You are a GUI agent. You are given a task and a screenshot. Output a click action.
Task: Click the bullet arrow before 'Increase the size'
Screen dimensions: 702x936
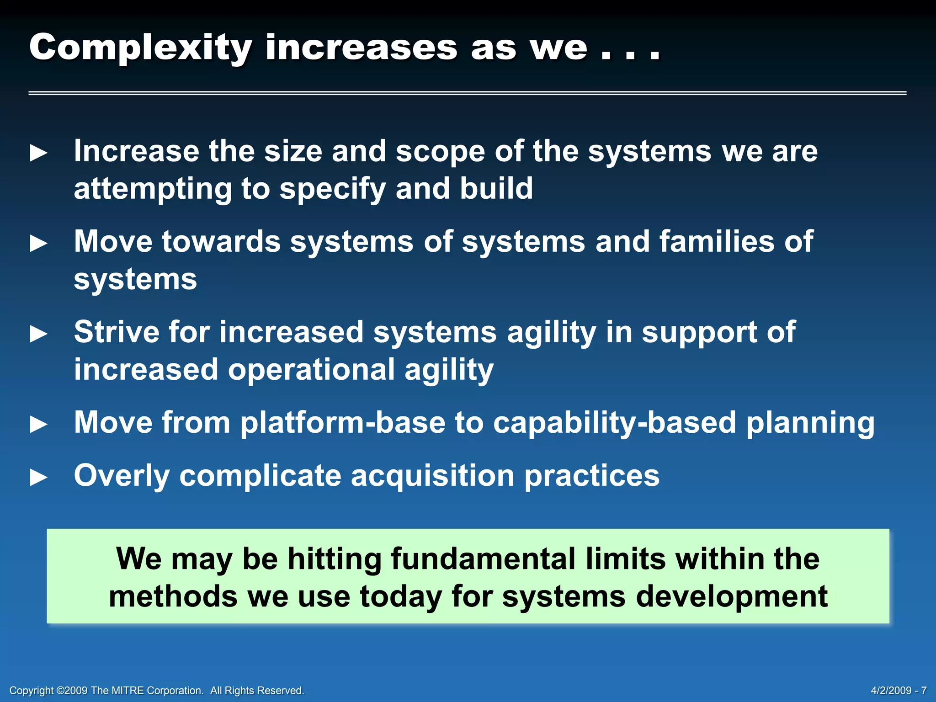coord(39,153)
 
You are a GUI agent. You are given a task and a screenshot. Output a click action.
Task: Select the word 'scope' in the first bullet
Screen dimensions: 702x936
coord(440,152)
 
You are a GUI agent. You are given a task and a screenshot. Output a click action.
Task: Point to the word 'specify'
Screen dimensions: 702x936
coord(333,189)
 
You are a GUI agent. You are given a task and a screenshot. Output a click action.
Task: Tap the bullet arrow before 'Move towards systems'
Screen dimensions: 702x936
coord(39,243)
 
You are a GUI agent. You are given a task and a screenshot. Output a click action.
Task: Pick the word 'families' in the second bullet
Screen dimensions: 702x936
coord(717,241)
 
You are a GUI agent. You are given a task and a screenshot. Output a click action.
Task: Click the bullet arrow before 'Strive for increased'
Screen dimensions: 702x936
coord(39,334)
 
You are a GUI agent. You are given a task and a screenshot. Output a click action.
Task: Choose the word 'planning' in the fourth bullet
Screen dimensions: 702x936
coord(810,423)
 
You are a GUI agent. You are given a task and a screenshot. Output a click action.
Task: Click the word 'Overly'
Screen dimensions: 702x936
coord(122,476)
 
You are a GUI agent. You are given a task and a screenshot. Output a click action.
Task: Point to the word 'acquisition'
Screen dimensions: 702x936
coord(432,476)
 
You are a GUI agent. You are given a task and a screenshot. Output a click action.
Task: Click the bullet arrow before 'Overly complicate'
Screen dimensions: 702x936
coord(39,478)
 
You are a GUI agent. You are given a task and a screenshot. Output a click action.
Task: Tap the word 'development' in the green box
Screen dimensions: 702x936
coord(731,596)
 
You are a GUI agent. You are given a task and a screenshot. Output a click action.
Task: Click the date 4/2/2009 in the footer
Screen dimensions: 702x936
coord(891,691)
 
